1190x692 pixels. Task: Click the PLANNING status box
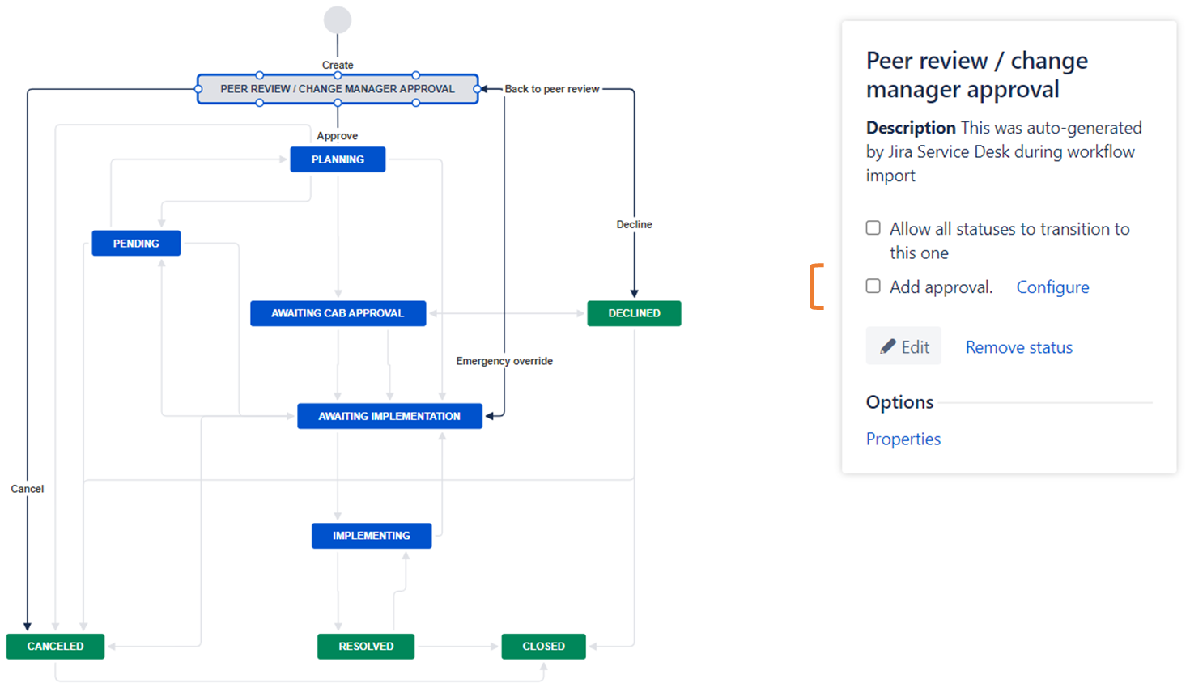[x=338, y=159]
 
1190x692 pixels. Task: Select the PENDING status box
[x=136, y=244]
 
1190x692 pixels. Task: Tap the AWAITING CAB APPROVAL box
[x=338, y=313]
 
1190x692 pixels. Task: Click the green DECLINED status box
[x=634, y=313]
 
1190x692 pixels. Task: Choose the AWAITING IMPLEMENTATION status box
[x=389, y=416]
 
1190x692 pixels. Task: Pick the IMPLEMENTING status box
[x=372, y=536]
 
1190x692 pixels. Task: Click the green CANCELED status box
[x=55, y=647]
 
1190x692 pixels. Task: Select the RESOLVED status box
[x=366, y=647]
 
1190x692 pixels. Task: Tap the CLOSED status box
[x=543, y=647]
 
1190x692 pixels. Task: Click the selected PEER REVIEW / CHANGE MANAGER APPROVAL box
[x=338, y=89]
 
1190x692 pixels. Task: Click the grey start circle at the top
[x=338, y=20]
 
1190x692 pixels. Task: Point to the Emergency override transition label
[x=504, y=361]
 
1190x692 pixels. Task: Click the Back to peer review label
[x=552, y=89]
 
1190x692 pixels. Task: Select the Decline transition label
[x=634, y=224]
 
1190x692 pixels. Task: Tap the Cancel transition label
[x=28, y=489]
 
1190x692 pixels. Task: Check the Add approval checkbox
[x=873, y=287]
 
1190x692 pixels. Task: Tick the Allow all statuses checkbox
[x=873, y=228]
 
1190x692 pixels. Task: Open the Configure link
[x=1052, y=287]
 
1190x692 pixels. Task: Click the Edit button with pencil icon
[x=903, y=347]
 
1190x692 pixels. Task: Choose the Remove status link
[x=1018, y=347]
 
